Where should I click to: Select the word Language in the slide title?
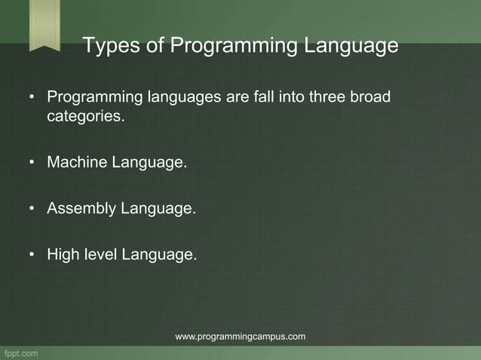tap(351, 47)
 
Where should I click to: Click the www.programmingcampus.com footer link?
tap(240, 336)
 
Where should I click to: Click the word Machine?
tap(78, 162)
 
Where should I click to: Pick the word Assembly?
tap(81, 209)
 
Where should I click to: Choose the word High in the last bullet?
tap(63, 255)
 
